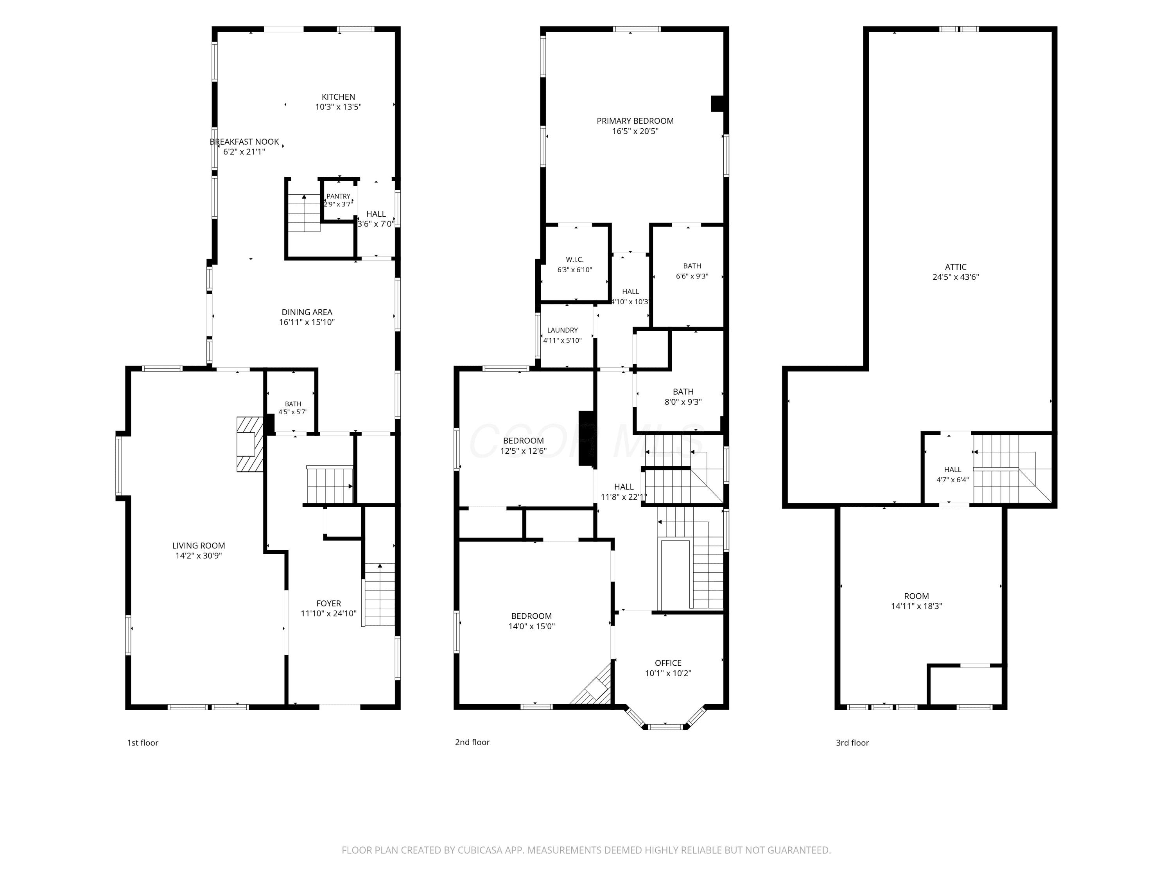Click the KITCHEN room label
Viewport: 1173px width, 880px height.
(x=338, y=97)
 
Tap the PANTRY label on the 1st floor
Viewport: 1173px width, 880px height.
(x=338, y=196)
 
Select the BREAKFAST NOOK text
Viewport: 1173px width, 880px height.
(x=244, y=142)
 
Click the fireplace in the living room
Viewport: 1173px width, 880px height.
(x=250, y=444)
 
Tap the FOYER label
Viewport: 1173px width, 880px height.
(x=329, y=603)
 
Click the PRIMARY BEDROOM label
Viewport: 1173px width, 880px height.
(x=635, y=121)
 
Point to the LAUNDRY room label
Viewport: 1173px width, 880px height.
(x=563, y=330)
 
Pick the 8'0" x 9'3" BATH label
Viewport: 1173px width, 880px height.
(x=683, y=392)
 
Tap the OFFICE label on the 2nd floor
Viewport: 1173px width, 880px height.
(x=668, y=663)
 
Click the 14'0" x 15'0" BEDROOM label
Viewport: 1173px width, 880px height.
(x=531, y=616)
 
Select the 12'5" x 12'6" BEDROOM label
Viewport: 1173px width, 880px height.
(x=524, y=441)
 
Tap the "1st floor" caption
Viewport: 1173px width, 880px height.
(x=143, y=743)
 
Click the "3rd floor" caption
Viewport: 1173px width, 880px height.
(x=852, y=743)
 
